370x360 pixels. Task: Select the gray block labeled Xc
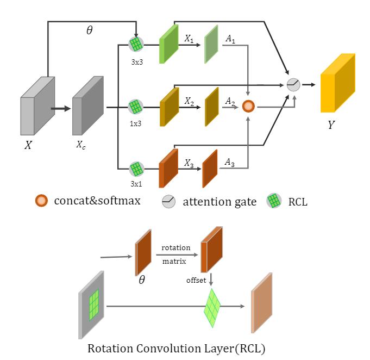[87, 107]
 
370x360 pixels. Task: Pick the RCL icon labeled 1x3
[135, 106]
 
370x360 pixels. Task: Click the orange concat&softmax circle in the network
[248, 107]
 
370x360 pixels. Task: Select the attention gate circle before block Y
[293, 84]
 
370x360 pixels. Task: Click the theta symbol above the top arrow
[90, 30]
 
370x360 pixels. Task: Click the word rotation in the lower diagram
[176, 247]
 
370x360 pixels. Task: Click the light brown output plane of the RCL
[261, 302]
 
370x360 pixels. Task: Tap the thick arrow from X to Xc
[60, 108]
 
